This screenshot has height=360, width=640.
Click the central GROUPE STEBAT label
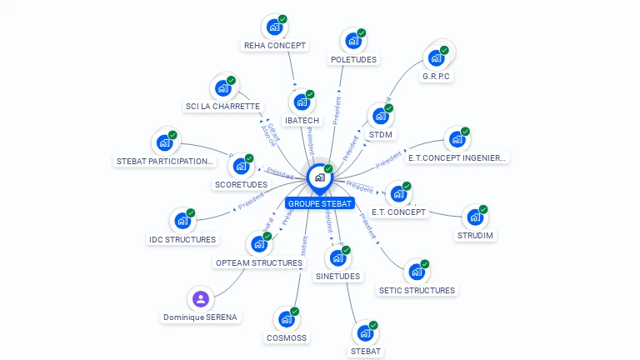(320, 203)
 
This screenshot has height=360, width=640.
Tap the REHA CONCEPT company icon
(273, 27)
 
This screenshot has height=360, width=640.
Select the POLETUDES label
(353, 60)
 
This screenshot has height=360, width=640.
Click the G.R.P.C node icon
(435, 58)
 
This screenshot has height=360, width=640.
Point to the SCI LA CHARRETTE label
(222, 107)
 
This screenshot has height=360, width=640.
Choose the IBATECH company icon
(301, 102)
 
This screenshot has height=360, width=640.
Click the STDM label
(380, 134)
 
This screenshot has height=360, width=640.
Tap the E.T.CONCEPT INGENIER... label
(457, 157)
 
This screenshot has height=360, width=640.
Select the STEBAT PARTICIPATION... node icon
(164, 142)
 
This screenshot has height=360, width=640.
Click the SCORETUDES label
(241, 184)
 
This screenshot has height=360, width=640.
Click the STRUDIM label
(475, 235)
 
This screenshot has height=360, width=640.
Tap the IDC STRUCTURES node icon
(182, 221)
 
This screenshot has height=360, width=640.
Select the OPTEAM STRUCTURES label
(259, 262)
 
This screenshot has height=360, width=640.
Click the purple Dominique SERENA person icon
(200, 298)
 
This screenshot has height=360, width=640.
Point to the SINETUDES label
(337, 276)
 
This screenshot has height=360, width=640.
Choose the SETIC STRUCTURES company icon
(416, 272)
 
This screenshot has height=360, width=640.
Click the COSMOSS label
(287, 338)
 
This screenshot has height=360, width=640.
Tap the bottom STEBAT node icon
(365, 332)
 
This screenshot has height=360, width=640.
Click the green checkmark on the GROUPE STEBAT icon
(328, 169)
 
